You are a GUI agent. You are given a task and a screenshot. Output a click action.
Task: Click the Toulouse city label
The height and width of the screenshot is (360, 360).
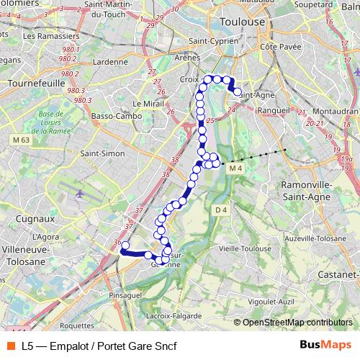(x=242, y=21)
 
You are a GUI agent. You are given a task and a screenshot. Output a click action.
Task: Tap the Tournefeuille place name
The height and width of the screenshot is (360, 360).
(x=30, y=83)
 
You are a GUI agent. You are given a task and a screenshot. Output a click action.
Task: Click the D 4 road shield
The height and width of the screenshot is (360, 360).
(x=221, y=210)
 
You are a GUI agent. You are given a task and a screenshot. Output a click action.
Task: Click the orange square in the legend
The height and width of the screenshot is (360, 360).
(x=11, y=346)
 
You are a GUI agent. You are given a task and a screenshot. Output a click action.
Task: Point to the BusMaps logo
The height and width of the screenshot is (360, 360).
(x=325, y=346)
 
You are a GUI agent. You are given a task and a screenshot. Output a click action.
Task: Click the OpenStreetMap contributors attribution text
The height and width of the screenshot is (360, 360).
(x=297, y=323)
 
